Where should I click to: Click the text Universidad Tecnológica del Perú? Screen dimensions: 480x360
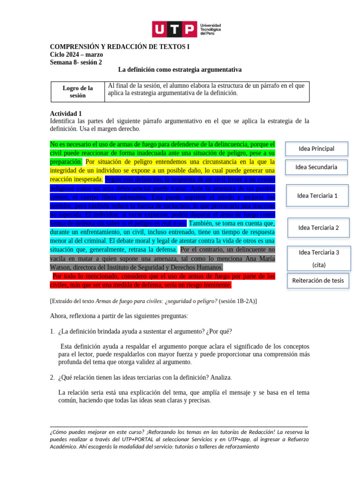pos(210,30)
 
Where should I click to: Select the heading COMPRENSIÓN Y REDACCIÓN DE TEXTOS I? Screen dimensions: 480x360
pos(120,47)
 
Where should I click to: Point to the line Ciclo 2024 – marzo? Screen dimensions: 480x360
pos(76,55)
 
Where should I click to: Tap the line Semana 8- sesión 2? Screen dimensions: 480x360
pos(75,62)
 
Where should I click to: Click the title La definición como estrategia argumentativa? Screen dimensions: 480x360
pos(180,70)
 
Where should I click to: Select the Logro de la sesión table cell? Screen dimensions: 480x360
pos(77,91)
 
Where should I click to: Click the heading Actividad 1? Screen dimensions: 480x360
pos(66,113)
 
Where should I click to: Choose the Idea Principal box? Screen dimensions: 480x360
pos(316,149)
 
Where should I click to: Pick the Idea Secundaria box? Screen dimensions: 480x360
pos(316,167)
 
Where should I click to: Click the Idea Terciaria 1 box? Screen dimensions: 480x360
pos(317,195)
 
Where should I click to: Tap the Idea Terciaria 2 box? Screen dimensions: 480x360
pos(318,228)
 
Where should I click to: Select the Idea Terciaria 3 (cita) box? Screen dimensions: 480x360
pos(319,258)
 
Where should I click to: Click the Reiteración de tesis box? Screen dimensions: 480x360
pos(318,281)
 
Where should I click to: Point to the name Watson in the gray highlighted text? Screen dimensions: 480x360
pos(61,268)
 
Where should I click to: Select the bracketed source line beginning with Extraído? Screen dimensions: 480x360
pos(153,301)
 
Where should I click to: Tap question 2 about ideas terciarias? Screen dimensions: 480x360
pos(145,377)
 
